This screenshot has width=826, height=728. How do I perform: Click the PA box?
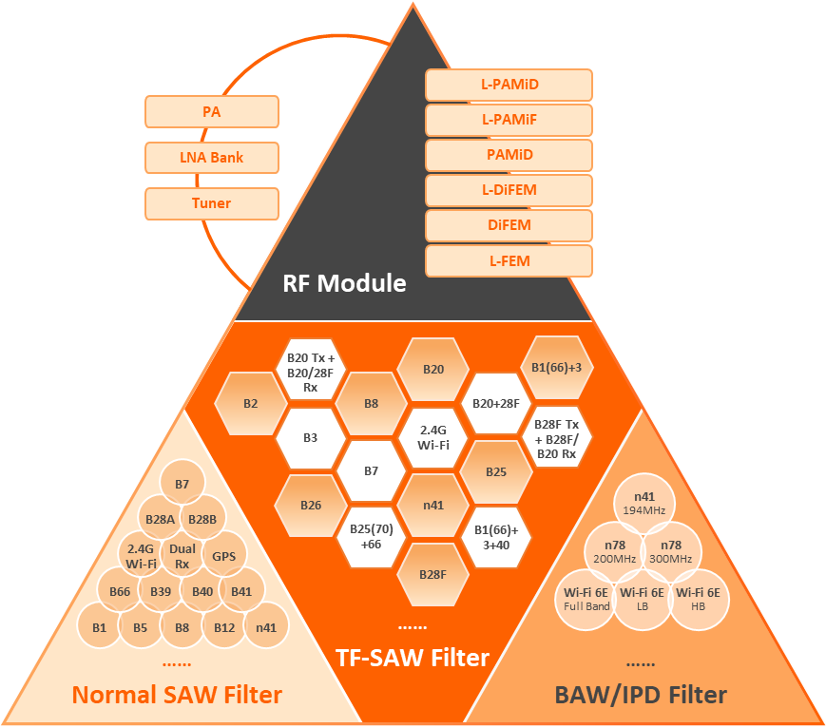click(212, 112)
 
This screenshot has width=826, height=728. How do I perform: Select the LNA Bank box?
click(212, 158)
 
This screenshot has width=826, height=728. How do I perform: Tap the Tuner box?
click(212, 203)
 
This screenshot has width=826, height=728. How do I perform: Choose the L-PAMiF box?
click(509, 120)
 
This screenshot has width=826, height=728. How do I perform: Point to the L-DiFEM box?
click(509, 190)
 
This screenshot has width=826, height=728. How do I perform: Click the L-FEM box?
click(509, 260)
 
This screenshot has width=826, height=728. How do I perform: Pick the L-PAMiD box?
click(509, 85)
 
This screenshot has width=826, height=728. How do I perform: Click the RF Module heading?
click(344, 283)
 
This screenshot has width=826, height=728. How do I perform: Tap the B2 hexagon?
click(250, 403)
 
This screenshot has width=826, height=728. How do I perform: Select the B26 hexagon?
click(311, 505)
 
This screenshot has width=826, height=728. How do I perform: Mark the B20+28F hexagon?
click(495, 403)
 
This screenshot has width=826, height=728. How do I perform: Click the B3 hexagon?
click(311, 438)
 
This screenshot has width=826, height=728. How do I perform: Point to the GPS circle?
click(224, 557)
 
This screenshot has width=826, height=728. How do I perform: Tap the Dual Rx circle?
click(182, 556)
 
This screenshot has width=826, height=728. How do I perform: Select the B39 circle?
click(161, 592)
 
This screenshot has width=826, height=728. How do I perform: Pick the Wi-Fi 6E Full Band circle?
click(586, 599)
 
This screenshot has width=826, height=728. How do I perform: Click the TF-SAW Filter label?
click(413, 657)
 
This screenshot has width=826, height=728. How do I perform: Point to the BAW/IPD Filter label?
click(641, 695)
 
